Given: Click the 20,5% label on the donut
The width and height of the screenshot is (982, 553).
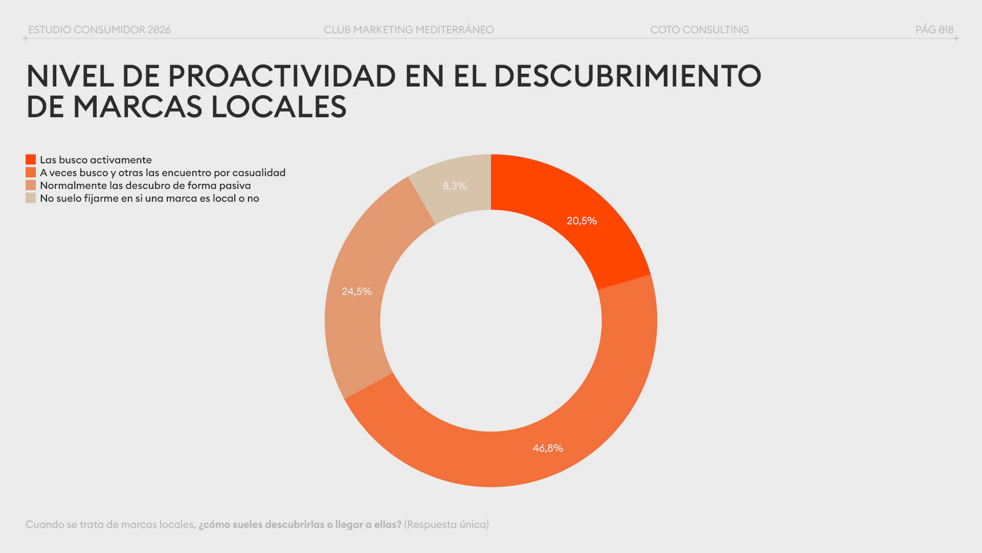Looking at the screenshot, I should pos(582,221).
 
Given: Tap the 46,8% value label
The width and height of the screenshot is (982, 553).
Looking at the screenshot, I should pos(548,448).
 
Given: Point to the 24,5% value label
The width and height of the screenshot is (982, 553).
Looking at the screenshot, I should pos(356,291).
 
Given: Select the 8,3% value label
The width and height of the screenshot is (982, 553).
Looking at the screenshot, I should pos(455,186).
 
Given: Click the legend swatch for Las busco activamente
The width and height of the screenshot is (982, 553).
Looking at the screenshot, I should pos(31,160).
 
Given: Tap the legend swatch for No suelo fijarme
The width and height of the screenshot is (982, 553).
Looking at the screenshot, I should pos(31,198).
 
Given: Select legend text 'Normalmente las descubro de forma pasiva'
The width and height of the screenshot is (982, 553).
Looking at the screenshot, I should pos(145,185).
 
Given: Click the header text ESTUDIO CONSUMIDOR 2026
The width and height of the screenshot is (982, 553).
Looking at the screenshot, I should pos(99,30).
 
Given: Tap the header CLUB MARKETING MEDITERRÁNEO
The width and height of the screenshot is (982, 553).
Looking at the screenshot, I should pos(409,30).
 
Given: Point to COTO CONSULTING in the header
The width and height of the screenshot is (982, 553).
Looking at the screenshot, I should pos(699,30).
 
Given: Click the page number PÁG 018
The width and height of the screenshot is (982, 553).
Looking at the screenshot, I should pos(934,30).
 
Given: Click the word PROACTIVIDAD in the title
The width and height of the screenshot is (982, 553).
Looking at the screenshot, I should pos(282,76).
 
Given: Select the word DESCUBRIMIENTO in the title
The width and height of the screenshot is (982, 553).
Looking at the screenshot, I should pos(627,76).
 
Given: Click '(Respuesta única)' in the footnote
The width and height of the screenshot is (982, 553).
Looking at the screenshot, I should pos(447,524).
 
